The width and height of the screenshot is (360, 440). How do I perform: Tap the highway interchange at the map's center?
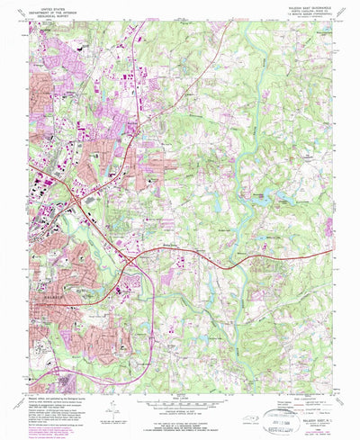click(132, 260)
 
